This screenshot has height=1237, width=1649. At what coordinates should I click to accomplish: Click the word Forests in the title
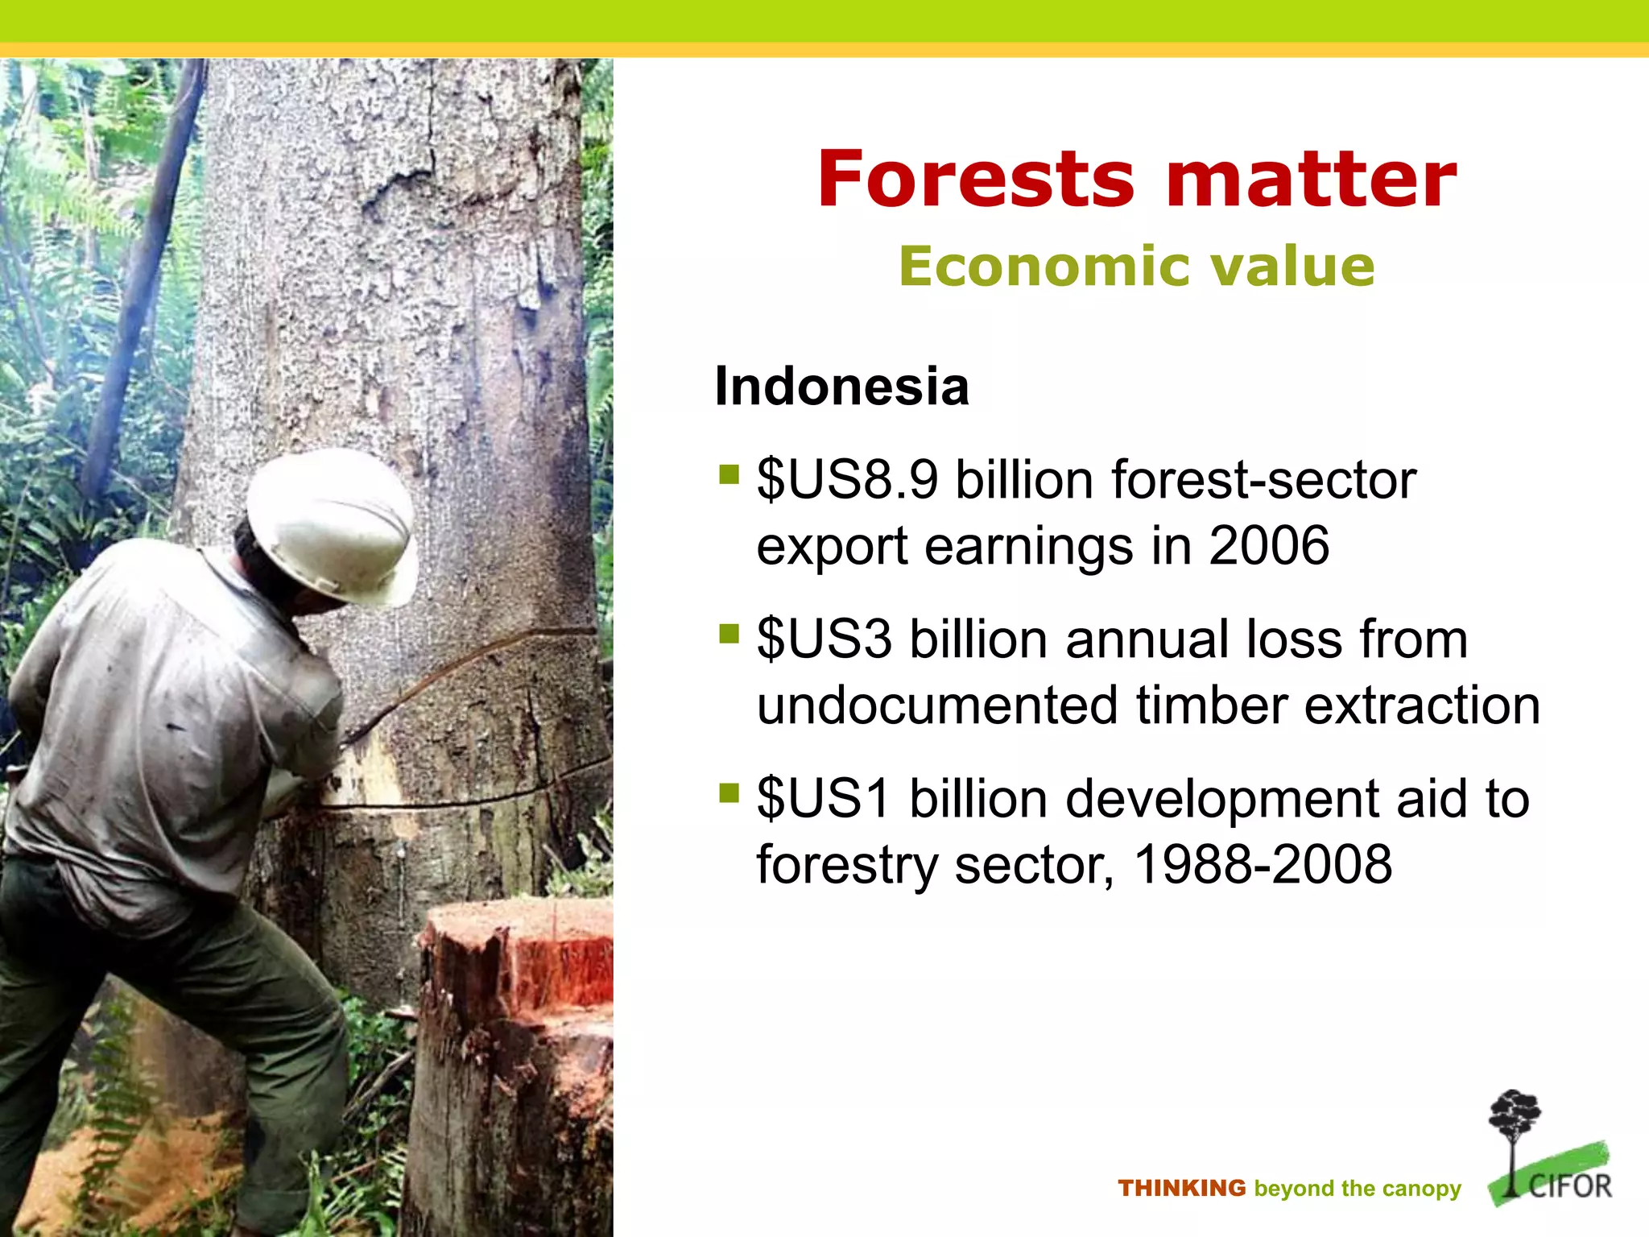coord(975,179)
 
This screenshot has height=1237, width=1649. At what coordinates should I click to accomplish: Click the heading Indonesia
coord(841,387)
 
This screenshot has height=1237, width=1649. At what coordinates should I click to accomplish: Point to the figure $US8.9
coord(847,480)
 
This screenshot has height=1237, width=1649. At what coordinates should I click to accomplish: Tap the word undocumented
coord(936,705)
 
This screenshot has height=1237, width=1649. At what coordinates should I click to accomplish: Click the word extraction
coord(1422,705)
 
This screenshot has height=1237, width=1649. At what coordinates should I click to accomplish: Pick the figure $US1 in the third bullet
coord(824,799)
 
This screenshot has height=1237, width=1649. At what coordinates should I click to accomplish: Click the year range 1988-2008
coord(1263,865)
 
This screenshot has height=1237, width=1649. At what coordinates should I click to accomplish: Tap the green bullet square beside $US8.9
coord(729,474)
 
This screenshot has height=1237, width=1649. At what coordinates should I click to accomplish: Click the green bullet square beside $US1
coord(729,793)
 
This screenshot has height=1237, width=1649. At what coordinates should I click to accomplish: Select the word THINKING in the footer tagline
coord(1181,1189)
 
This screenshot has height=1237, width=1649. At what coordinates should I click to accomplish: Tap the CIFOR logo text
coord(1570,1186)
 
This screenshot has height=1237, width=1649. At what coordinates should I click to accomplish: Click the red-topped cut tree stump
coord(515,966)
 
